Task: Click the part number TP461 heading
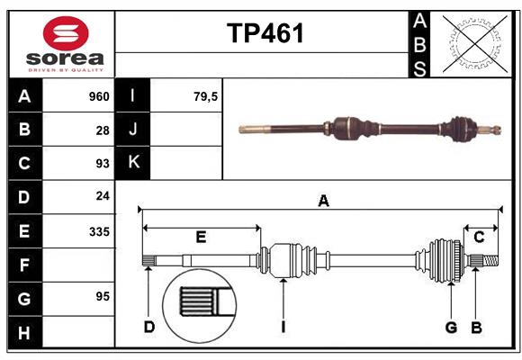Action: (265, 33)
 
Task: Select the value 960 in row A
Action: (98, 96)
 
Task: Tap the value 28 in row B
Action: (102, 130)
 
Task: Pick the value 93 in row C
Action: (102, 164)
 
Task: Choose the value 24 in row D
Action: (102, 196)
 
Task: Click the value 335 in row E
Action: (98, 231)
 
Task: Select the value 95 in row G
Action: (102, 296)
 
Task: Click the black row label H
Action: (24, 334)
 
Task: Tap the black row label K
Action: (133, 162)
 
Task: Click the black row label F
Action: (24, 265)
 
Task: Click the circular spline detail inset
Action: (197, 301)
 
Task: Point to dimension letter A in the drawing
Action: (322, 201)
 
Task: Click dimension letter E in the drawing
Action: (201, 238)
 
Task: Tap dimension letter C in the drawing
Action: (480, 237)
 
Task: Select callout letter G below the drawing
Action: (452, 327)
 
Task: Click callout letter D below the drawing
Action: (149, 327)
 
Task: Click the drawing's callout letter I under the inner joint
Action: (283, 327)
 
